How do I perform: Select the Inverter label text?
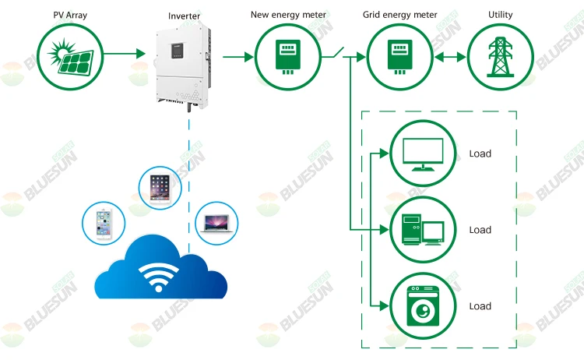tap(184, 16)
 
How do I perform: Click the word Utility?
tap(500, 16)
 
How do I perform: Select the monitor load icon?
tap(421, 154)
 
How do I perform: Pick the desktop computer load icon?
tap(421, 230)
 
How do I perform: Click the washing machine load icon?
tap(421, 306)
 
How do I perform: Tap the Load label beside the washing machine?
tap(480, 306)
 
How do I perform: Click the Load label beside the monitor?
tap(480, 154)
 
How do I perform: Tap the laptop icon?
tap(216, 221)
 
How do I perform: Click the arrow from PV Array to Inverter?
tap(124, 55)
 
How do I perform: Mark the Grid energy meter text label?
tap(400, 16)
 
